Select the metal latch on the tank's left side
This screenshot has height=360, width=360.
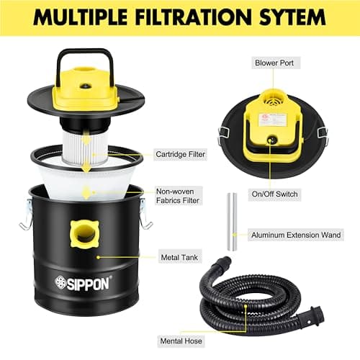(27, 215)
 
